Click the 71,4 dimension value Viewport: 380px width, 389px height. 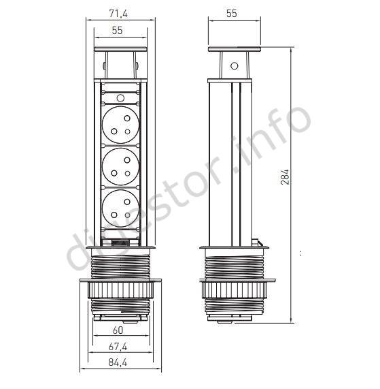(x=118, y=14)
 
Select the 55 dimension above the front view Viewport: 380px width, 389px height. (x=117, y=30)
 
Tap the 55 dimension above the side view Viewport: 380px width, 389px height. (x=231, y=14)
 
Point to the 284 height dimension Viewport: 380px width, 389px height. (x=285, y=177)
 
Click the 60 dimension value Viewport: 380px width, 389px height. (x=118, y=330)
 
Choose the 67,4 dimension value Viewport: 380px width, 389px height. (x=118, y=346)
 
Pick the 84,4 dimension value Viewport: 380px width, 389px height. (x=118, y=362)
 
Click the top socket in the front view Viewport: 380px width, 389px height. (x=120, y=125)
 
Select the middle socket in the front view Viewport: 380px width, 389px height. (x=120, y=166)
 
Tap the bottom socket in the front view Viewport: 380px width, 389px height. (x=120, y=208)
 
